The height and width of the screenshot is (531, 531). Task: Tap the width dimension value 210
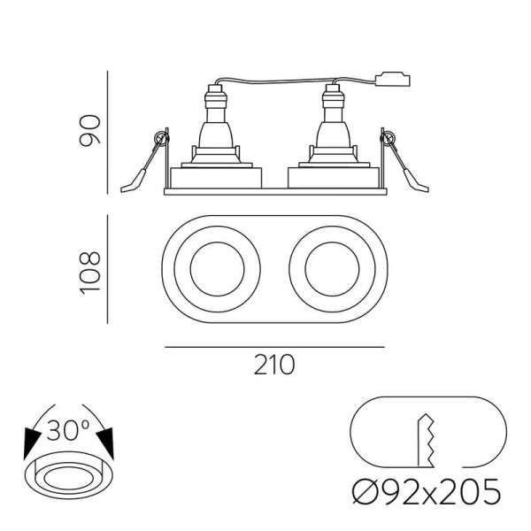274,364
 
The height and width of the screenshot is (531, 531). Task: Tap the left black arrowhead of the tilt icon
33,441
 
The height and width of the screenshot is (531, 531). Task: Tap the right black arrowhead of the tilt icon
107,441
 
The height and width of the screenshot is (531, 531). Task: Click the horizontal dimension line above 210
274,347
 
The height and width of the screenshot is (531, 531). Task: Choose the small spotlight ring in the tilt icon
68,479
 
